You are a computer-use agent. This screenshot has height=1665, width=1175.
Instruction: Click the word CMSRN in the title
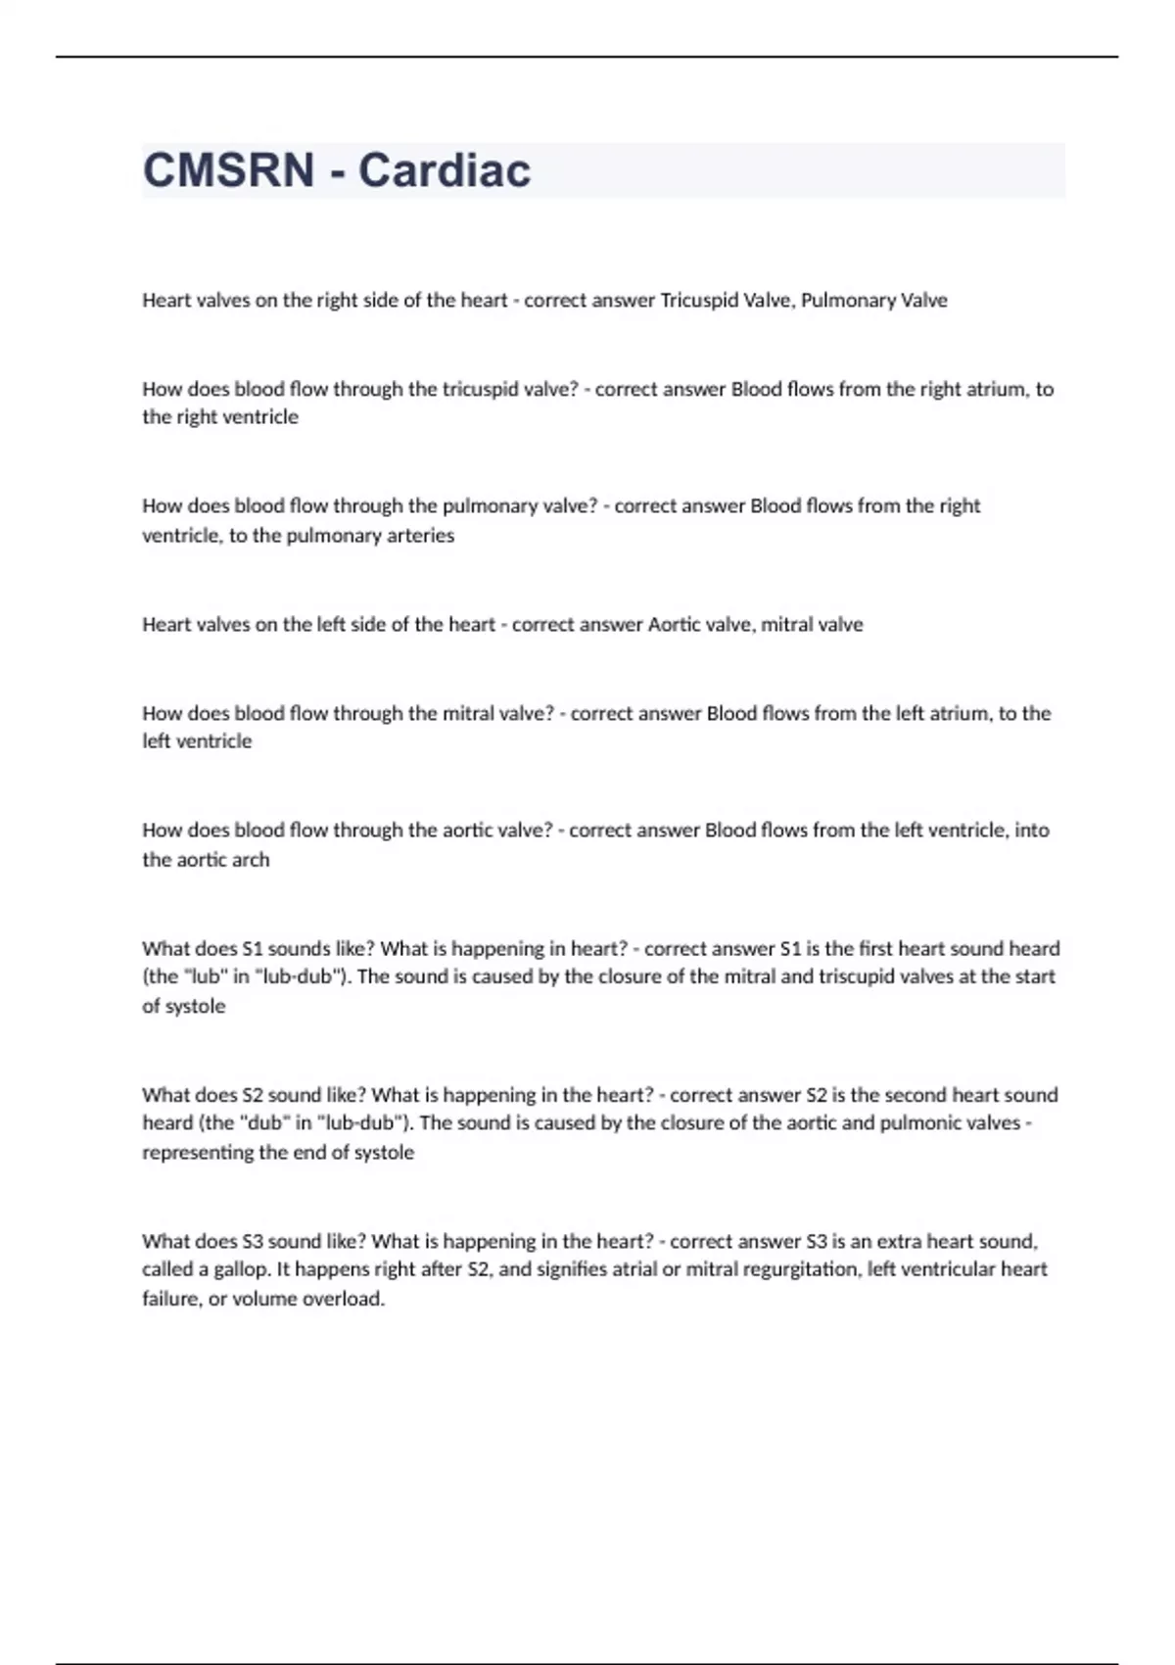pos(228,170)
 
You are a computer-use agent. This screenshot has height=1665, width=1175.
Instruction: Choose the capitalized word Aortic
pos(671,625)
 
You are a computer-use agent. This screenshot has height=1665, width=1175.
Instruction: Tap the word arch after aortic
pos(250,860)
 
